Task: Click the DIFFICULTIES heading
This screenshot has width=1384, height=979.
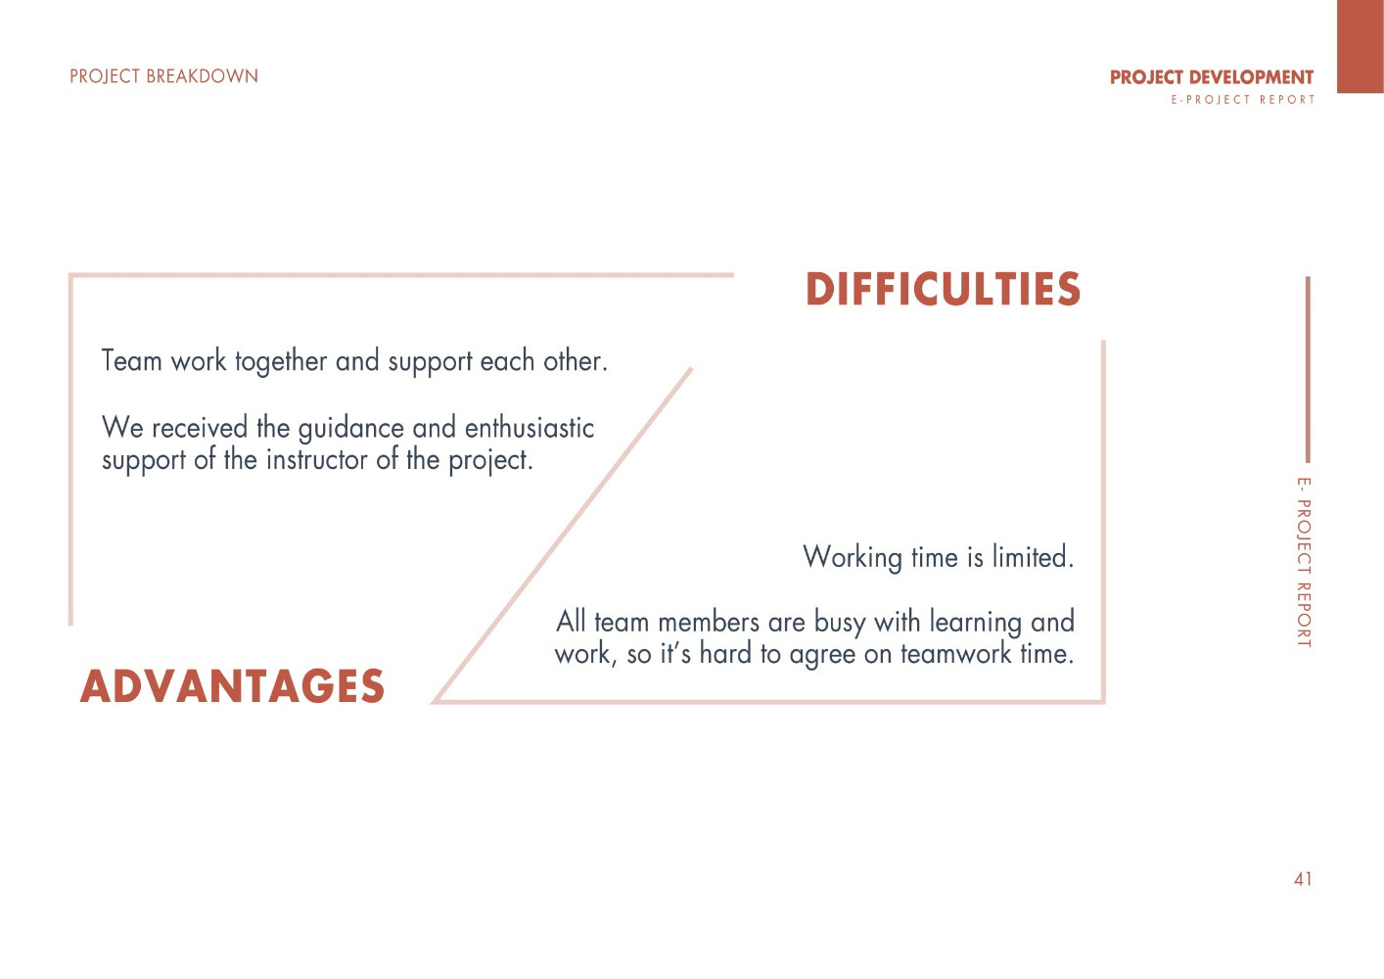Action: (943, 289)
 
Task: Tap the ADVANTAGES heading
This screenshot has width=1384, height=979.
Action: (232, 686)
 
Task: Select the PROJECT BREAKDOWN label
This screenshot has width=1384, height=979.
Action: (163, 76)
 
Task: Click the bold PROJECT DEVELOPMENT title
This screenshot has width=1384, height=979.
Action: (1212, 77)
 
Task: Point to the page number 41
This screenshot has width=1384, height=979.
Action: (1303, 879)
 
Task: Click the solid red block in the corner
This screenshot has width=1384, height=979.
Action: (1360, 46)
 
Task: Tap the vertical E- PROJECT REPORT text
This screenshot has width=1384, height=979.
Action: (1303, 562)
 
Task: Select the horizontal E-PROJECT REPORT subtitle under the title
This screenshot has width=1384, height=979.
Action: (1242, 100)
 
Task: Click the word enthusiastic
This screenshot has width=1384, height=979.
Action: (529, 428)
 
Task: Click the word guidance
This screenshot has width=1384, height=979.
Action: (351, 430)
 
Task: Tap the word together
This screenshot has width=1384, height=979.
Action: (281, 362)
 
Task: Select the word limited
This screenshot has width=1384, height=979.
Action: (1033, 556)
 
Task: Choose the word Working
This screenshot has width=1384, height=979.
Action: (853, 558)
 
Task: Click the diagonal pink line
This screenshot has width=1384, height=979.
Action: (562, 536)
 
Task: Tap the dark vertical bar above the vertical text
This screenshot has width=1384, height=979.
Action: (1308, 370)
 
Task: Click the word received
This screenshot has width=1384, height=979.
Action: (200, 428)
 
